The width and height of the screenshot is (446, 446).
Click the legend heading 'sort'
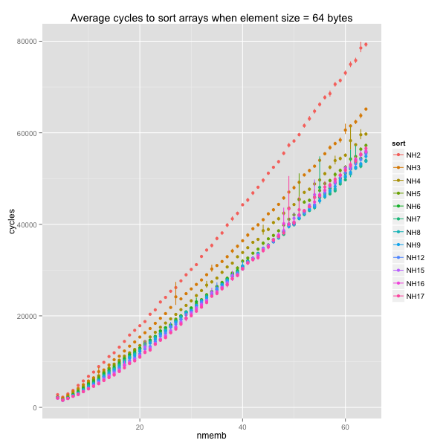pos(398,140)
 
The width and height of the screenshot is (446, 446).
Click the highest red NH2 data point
pos(366,45)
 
